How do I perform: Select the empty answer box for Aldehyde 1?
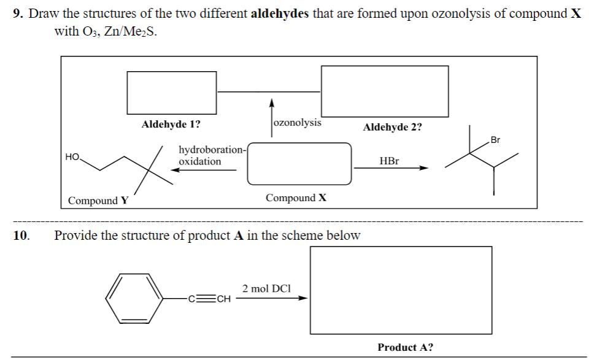[172, 93]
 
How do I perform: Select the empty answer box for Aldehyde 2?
[385, 91]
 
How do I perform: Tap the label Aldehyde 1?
[170, 124]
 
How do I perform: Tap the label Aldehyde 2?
[392, 127]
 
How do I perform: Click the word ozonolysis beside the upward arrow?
[297, 122]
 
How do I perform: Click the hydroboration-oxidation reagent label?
[211, 155]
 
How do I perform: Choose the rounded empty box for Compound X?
[299, 163]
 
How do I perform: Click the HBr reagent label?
[389, 161]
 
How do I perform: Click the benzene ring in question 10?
[133, 297]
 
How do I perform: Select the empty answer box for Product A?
[401, 290]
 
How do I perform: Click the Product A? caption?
[405, 347]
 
